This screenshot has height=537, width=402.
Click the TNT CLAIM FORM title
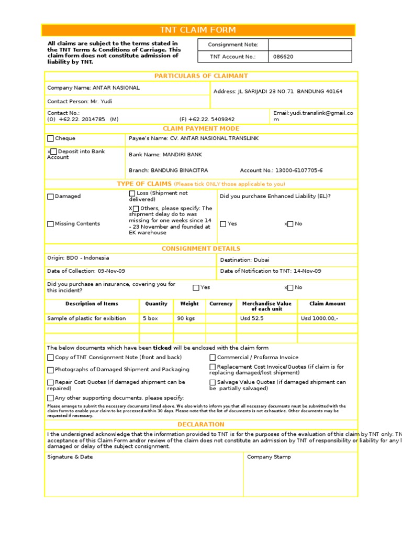198,30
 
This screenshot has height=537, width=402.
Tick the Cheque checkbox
50,139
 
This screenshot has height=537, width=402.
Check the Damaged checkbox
50,197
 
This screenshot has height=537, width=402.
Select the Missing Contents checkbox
50,224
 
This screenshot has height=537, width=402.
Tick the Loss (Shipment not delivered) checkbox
132,194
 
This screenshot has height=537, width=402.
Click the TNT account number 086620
282,57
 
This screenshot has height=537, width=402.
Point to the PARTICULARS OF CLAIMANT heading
201,76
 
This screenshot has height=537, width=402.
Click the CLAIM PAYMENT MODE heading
201,128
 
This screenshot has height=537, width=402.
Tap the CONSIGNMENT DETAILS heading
201,249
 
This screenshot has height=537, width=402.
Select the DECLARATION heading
201,424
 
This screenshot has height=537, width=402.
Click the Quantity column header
156,304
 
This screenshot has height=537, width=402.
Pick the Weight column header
189,304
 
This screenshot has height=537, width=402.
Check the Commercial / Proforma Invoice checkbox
213,358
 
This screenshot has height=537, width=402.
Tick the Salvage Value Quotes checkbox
213,383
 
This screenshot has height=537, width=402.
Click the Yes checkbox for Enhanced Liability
223,224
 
